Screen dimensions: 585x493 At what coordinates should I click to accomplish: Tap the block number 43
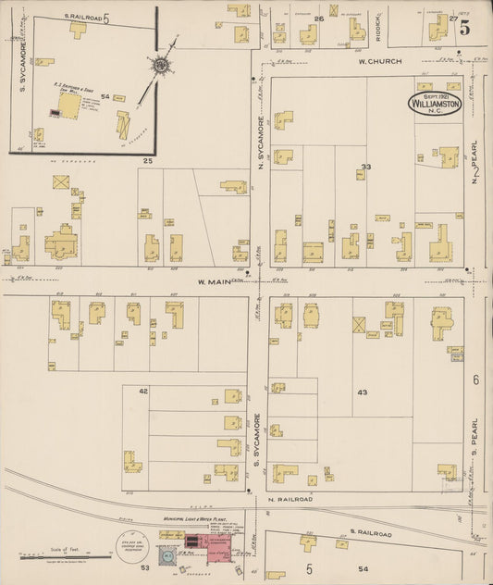point(362,392)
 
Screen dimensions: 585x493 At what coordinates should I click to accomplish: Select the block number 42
point(143,392)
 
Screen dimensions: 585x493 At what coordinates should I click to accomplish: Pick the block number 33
point(366,168)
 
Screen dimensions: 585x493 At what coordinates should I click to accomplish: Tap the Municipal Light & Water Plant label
point(195,520)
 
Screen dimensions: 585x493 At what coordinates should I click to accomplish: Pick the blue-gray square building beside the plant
point(166,556)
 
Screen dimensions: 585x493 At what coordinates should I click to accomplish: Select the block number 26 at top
point(318,19)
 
